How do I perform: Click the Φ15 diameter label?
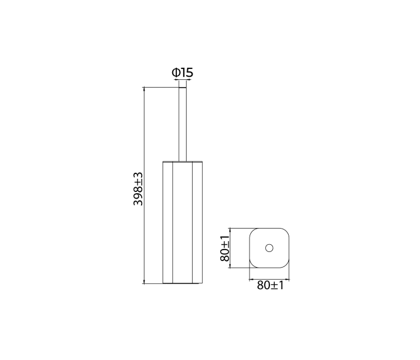182,73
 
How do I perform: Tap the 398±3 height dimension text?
138,189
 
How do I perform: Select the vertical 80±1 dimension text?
225,248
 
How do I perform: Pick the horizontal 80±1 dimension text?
270,285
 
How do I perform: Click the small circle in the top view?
269,248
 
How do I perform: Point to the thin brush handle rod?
182,125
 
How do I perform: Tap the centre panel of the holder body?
182,223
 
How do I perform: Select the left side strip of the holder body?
167,223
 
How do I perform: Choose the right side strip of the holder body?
197,223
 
